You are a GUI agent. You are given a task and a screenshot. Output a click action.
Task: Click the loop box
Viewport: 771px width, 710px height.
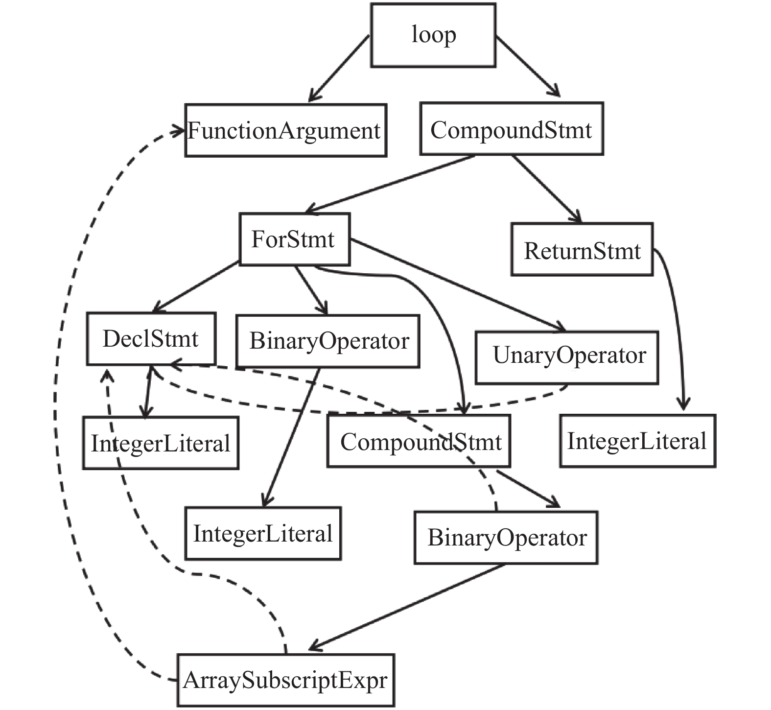[433, 35]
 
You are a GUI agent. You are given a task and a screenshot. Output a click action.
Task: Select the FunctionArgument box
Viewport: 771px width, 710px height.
[286, 130]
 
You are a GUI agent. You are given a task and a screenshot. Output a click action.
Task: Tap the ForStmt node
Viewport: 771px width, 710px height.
[295, 239]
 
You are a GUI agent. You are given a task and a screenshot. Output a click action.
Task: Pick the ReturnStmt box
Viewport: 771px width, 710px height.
[582, 250]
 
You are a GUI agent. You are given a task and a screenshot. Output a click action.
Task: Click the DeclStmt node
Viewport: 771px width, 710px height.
[151, 339]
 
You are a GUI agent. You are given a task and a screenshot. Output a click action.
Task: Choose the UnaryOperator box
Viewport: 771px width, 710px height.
[567, 357]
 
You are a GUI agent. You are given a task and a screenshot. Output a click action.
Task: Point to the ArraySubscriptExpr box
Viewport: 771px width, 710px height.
[286, 680]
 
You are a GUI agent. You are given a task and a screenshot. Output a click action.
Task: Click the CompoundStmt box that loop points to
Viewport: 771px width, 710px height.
[512, 129]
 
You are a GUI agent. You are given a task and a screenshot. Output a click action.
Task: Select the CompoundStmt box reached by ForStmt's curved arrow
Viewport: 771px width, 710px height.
[419, 441]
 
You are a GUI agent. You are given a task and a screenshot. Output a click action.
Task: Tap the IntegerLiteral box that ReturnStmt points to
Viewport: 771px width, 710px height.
[638, 441]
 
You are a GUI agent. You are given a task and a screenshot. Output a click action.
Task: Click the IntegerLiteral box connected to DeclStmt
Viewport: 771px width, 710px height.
[161, 443]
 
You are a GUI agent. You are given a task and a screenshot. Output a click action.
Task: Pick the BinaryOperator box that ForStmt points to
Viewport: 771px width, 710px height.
[328, 341]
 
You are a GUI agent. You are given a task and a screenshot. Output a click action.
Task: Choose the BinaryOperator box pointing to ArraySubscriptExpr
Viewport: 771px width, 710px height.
[506, 538]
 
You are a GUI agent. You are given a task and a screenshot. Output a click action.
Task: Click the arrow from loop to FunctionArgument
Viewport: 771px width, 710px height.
[339, 69]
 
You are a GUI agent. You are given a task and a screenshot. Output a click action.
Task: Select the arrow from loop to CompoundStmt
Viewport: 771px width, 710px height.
[528, 66]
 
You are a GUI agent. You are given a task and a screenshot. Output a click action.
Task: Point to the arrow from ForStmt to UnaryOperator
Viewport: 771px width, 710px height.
[458, 285]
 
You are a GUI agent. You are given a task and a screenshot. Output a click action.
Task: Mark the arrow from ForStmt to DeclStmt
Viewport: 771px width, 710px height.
[196, 287]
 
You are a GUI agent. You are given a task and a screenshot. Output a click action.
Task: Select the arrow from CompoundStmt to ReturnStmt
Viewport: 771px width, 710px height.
[547, 189]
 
